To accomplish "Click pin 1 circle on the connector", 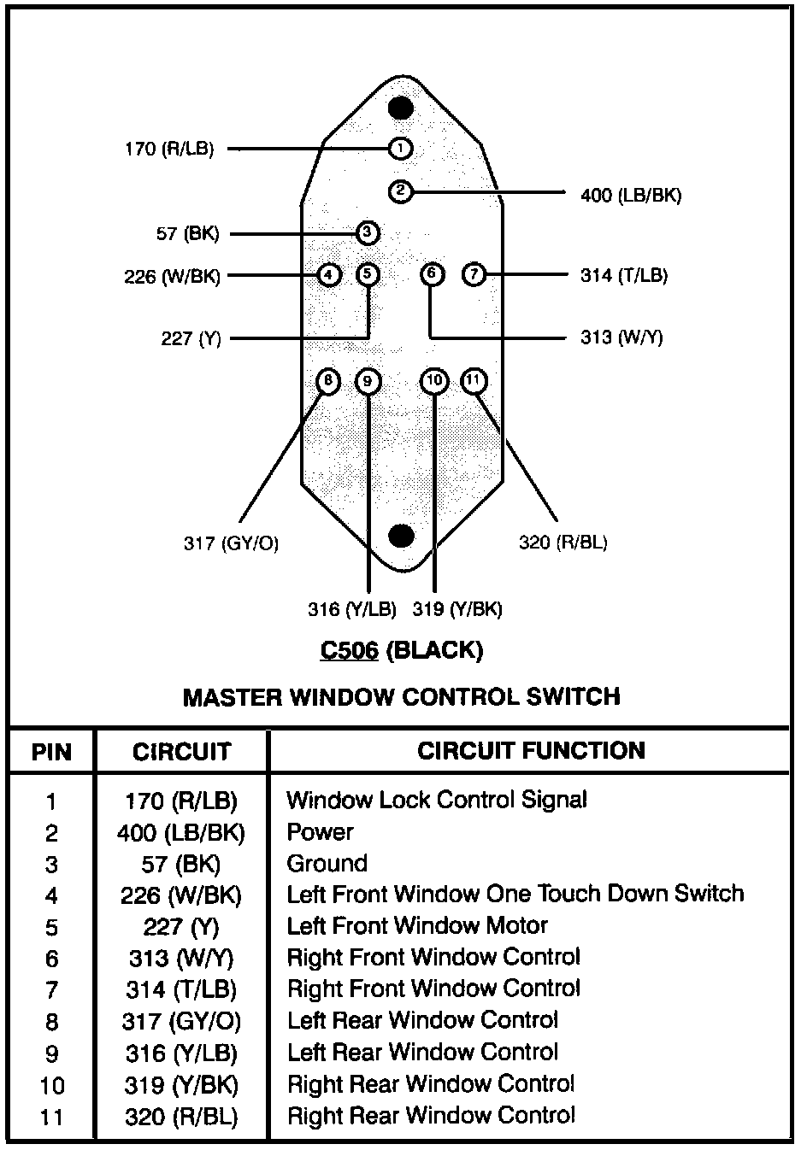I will pyautogui.click(x=400, y=149).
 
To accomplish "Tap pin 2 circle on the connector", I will pyautogui.click(x=400, y=191).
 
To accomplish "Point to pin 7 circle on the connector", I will pyautogui.click(x=474, y=275).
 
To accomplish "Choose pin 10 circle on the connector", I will pyautogui.click(x=435, y=381).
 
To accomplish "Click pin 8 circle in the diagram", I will pyautogui.click(x=328, y=381).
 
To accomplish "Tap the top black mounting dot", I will pyautogui.click(x=401, y=109).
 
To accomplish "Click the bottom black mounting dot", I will pyautogui.click(x=401, y=536).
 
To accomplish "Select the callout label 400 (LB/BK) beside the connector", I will pyautogui.click(x=631, y=196).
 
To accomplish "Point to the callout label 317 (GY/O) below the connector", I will pyautogui.click(x=231, y=543).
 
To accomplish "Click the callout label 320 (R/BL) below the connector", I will pyautogui.click(x=563, y=543).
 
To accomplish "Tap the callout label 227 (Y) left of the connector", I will pyautogui.click(x=191, y=339).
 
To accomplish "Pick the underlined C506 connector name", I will pyautogui.click(x=349, y=651).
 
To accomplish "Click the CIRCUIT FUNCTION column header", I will pyautogui.click(x=531, y=751).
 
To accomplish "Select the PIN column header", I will pyautogui.click(x=51, y=753).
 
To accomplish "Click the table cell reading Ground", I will pyautogui.click(x=327, y=864).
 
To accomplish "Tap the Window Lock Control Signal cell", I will pyautogui.click(x=436, y=801).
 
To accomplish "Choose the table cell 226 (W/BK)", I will pyautogui.click(x=180, y=895).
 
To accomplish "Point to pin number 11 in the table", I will pyautogui.click(x=51, y=1117).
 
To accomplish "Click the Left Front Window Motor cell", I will pyautogui.click(x=416, y=926).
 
